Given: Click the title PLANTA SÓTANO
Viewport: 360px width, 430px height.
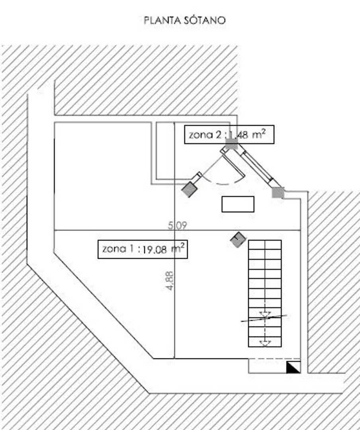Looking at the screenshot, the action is pos(185,20).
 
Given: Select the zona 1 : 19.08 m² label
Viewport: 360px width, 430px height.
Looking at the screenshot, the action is pos(143,249).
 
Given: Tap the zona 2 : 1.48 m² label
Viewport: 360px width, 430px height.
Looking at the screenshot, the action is pos(229,135).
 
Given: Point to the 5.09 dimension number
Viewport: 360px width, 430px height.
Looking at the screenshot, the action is pos(178,225).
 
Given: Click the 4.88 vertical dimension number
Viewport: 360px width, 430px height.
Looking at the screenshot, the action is pos(170,281).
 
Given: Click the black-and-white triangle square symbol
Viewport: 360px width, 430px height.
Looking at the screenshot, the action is pos(293,367).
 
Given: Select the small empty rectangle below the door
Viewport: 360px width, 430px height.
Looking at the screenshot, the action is pos(238,204).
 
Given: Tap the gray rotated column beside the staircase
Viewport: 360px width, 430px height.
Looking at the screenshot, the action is pos(238,240).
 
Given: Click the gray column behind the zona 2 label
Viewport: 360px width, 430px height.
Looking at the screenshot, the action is pos(232,144).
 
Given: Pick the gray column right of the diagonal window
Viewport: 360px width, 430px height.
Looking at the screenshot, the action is pos(278,193).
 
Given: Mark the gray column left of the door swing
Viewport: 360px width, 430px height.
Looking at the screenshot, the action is pos(189,189).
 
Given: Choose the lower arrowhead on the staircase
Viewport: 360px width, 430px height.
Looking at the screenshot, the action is pos(265,343).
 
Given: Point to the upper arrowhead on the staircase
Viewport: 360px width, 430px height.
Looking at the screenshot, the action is pos(265,315).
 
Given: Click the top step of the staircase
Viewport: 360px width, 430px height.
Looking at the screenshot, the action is pos(265,244).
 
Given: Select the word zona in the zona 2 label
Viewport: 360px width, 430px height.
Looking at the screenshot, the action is pos(201,135).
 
